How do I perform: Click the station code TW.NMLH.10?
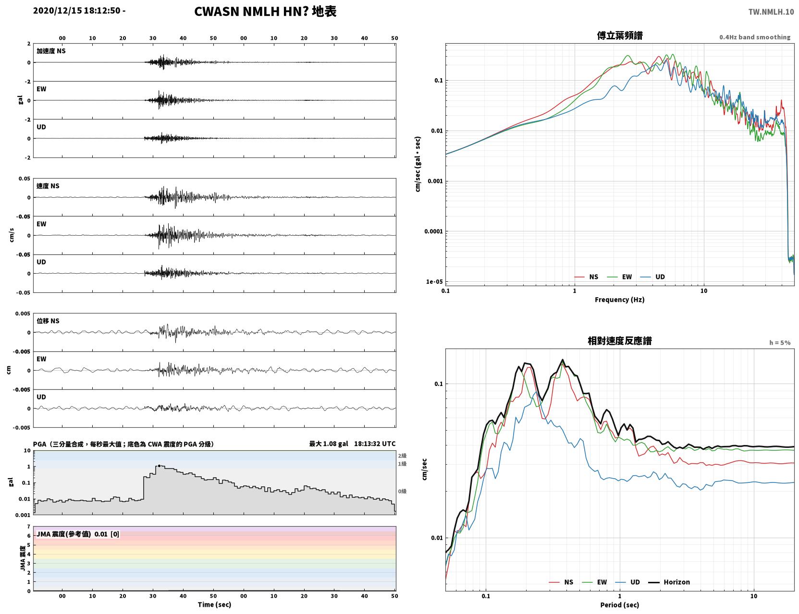tap(771, 12)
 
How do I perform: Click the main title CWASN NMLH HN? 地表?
tap(265, 12)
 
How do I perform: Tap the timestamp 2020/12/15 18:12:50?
tap(77, 10)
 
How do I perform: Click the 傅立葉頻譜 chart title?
tap(619, 36)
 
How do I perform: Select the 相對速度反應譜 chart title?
tap(619, 341)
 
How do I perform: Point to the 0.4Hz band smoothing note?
tap(754, 37)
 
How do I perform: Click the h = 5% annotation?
tap(779, 343)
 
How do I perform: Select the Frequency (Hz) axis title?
tap(619, 300)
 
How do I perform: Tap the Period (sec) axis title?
tap(619, 605)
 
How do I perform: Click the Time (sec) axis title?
tap(214, 604)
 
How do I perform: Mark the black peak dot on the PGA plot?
tap(159, 466)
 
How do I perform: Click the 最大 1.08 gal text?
tap(328, 444)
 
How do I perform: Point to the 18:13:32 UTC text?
tap(374, 444)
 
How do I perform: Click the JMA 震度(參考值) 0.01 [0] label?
tap(77, 534)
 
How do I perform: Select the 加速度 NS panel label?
tap(51, 51)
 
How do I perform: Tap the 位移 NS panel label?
tap(48, 321)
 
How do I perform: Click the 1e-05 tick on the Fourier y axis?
tap(434, 282)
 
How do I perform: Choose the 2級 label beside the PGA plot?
tap(402, 456)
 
